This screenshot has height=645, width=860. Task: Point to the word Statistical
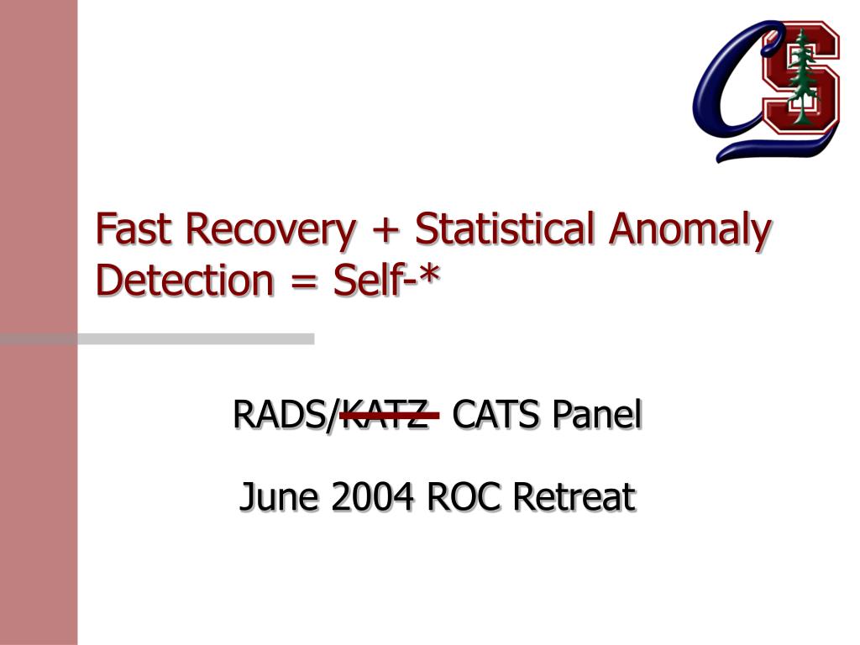click(505, 228)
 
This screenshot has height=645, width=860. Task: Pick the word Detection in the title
click(184, 280)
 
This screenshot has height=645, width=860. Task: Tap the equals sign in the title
click(302, 282)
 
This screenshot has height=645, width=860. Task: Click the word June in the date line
click(279, 496)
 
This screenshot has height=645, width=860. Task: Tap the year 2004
click(372, 496)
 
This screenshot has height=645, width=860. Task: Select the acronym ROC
click(463, 496)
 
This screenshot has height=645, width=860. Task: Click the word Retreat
click(574, 496)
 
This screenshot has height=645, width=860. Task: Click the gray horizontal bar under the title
click(157, 339)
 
